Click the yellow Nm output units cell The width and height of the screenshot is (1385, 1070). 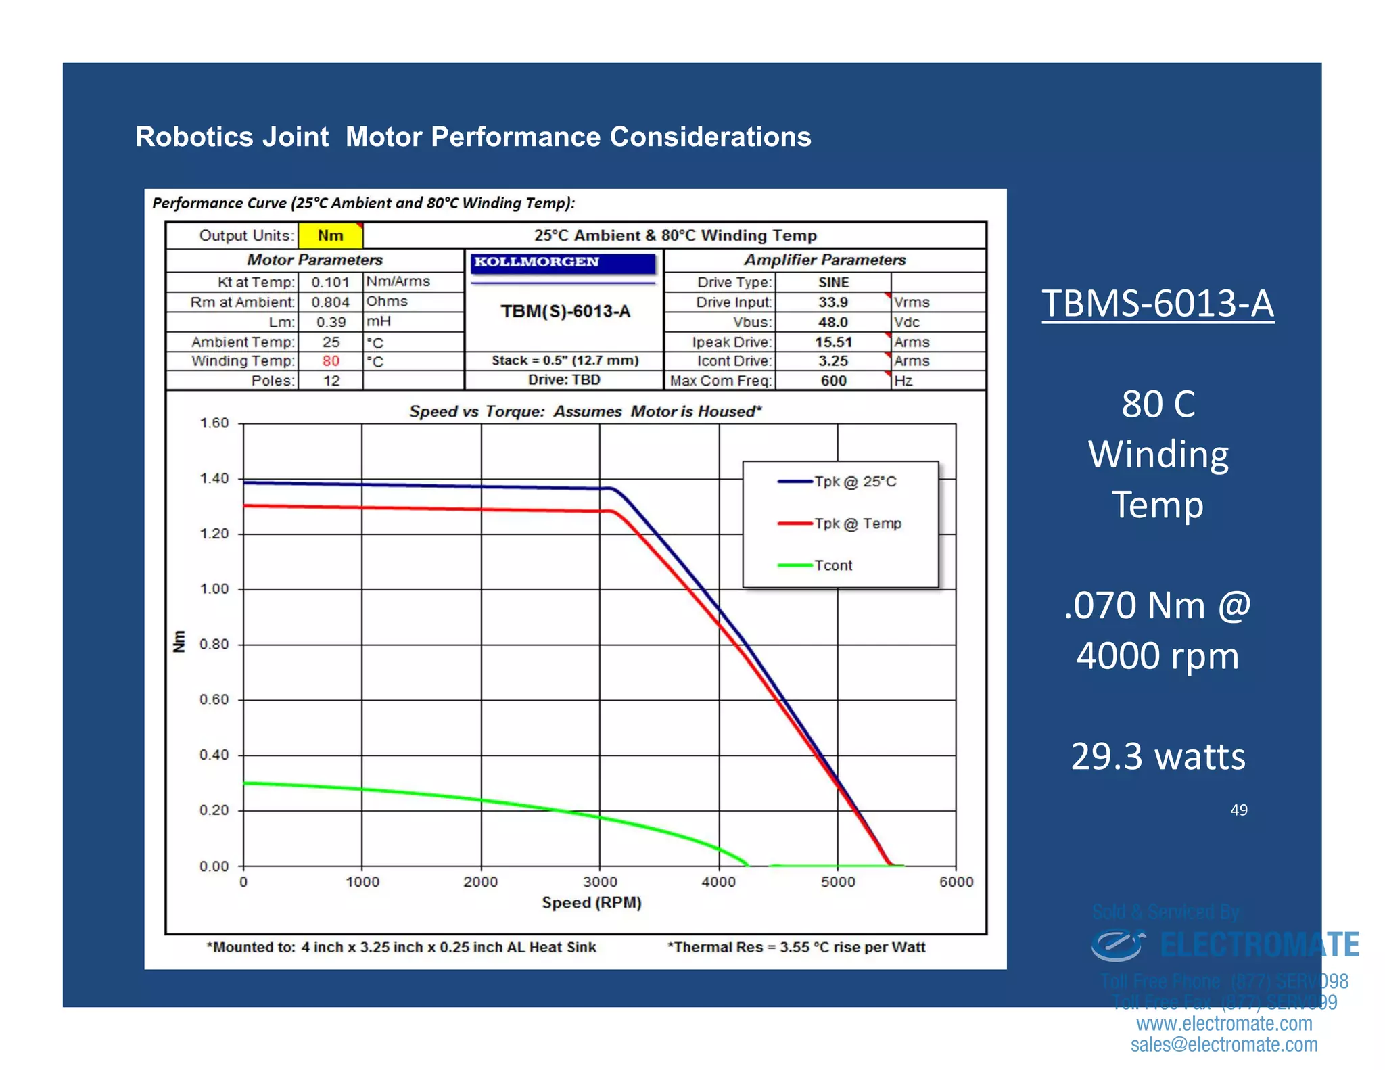pyautogui.click(x=331, y=235)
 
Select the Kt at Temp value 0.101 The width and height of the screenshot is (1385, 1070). pyautogui.click(x=330, y=282)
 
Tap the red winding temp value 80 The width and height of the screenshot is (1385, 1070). pyautogui.click(x=331, y=360)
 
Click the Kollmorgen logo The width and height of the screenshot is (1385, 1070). pyautogui.click(x=563, y=262)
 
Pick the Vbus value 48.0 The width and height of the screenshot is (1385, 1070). pyautogui.click(x=832, y=322)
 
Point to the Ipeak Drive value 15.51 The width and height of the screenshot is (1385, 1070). pyautogui.click(x=832, y=342)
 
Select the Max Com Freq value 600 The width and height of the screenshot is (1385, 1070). pyautogui.click(x=833, y=380)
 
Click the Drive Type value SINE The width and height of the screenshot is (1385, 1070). pyautogui.click(x=833, y=282)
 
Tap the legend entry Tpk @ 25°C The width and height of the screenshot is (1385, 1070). pyautogui.click(x=855, y=482)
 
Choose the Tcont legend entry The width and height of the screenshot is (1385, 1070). pyautogui.click(x=832, y=565)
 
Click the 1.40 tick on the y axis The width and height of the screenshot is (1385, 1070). pyautogui.click(x=214, y=479)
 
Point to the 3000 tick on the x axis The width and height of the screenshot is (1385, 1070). pyautogui.click(x=600, y=881)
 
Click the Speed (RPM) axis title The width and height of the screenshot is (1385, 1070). pyautogui.click(x=591, y=902)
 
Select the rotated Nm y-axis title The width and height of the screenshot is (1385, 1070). pyautogui.click(x=179, y=641)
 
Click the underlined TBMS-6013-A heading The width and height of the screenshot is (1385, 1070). pyautogui.click(x=1157, y=304)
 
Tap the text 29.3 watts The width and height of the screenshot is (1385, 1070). pyautogui.click(x=1157, y=756)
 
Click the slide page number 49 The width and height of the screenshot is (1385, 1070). pyautogui.click(x=1238, y=810)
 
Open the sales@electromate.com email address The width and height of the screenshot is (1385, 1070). pyautogui.click(x=1223, y=1044)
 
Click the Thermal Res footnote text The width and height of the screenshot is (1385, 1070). pyautogui.click(x=796, y=947)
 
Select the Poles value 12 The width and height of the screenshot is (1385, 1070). pyautogui.click(x=331, y=380)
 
